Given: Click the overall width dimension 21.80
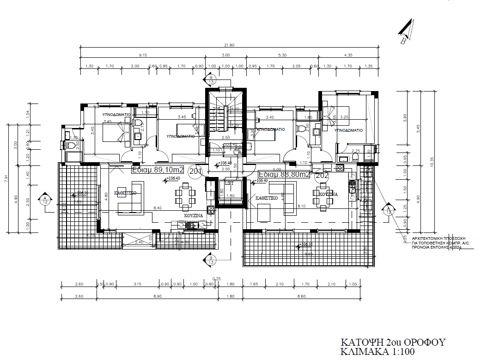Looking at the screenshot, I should tap(229, 45).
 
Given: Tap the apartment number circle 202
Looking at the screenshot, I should tap(321, 175).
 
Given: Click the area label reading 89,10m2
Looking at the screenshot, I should tap(158, 170).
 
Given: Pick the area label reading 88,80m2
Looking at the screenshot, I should tap(284, 175).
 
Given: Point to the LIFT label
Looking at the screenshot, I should tap(230, 183).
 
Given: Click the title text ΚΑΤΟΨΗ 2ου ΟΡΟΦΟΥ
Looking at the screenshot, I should tap(392, 342).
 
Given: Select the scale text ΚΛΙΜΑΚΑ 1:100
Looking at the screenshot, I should tap(377, 352).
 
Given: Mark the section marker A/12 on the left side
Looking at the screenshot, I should tap(45, 198).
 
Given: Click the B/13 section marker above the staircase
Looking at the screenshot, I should tap(211, 79).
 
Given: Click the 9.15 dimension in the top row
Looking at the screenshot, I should tap(142, 55).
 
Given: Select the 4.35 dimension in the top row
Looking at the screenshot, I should tap(349, 55).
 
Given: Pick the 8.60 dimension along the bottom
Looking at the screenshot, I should tap(302, 296).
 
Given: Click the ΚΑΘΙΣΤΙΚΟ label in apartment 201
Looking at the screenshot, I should tap(125, 194).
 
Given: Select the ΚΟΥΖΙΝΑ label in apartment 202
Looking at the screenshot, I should tap(328, 195).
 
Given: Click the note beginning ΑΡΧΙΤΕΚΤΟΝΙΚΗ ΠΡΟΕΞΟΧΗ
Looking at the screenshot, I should tap(437, 241).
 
